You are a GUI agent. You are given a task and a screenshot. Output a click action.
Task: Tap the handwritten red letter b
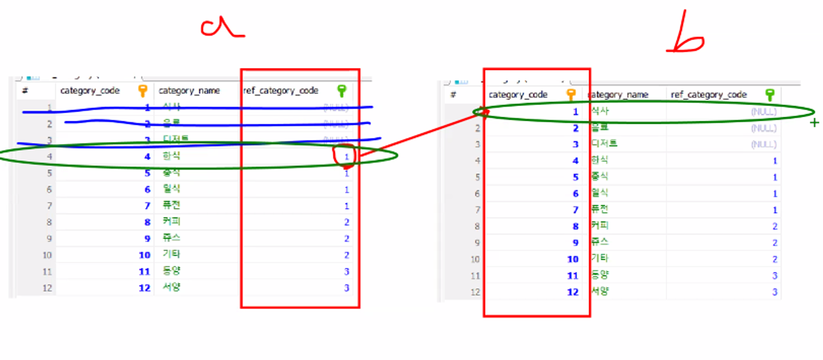point(685,36)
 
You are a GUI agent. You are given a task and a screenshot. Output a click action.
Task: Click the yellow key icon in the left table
point(142,91)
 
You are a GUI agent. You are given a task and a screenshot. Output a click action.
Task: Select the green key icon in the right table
point(770,95)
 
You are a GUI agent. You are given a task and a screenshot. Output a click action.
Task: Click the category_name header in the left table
point(189,91)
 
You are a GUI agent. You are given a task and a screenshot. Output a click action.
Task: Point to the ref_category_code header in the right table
point(708,95)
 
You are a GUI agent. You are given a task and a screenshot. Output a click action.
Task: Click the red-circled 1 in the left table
point(346,156)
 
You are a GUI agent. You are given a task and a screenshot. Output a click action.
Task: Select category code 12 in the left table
point(144,288)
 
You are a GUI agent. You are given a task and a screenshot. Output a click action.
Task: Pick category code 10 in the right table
point(572,259)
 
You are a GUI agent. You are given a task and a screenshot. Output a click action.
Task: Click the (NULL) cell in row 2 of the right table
point(763,128)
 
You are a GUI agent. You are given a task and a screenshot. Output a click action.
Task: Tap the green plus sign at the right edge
point(814,123)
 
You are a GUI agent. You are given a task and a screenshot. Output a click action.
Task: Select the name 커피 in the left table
point(171,222)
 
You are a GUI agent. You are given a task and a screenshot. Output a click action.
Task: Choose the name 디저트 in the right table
point(604,143)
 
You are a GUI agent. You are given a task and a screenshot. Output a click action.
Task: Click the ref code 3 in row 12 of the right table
point(775,292)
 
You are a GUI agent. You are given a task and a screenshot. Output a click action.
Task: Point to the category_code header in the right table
point(518,95)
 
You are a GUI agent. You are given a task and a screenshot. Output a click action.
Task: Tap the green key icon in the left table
point(342,91)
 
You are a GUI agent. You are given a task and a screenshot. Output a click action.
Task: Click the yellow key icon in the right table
point(571,95)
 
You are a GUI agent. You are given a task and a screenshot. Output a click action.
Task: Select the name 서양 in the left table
point(171,287)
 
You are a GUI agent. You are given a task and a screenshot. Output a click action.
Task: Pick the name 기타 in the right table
point(600,258)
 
